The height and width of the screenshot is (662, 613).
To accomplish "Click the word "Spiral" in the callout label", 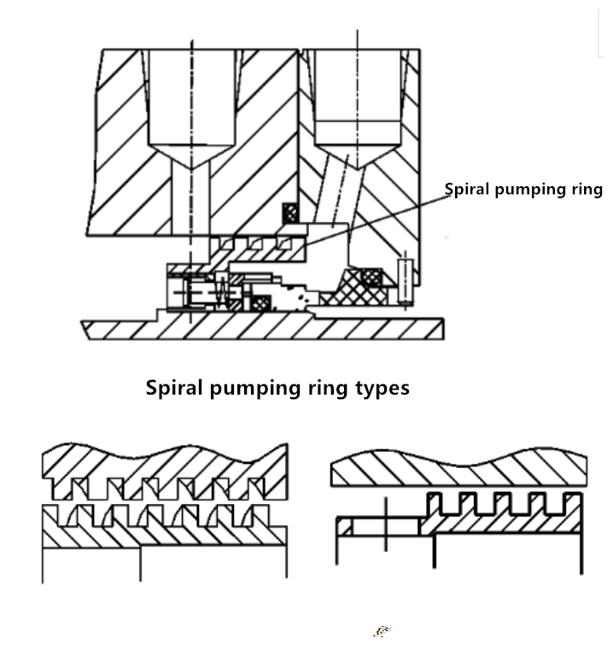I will click(x=468, y=190).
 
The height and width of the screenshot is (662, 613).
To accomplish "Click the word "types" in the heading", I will click(x=382, y=388).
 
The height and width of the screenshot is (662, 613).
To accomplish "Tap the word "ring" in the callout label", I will click(x=585, y=190).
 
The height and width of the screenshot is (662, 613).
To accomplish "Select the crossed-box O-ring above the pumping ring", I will click(x=291, y=213).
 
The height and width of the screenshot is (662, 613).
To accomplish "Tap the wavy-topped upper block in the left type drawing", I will click(x=162, y=466).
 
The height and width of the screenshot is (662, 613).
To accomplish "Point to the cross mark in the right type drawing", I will click(x=386, y=525).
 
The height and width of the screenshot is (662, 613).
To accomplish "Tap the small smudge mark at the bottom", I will click(x=382, y=632).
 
